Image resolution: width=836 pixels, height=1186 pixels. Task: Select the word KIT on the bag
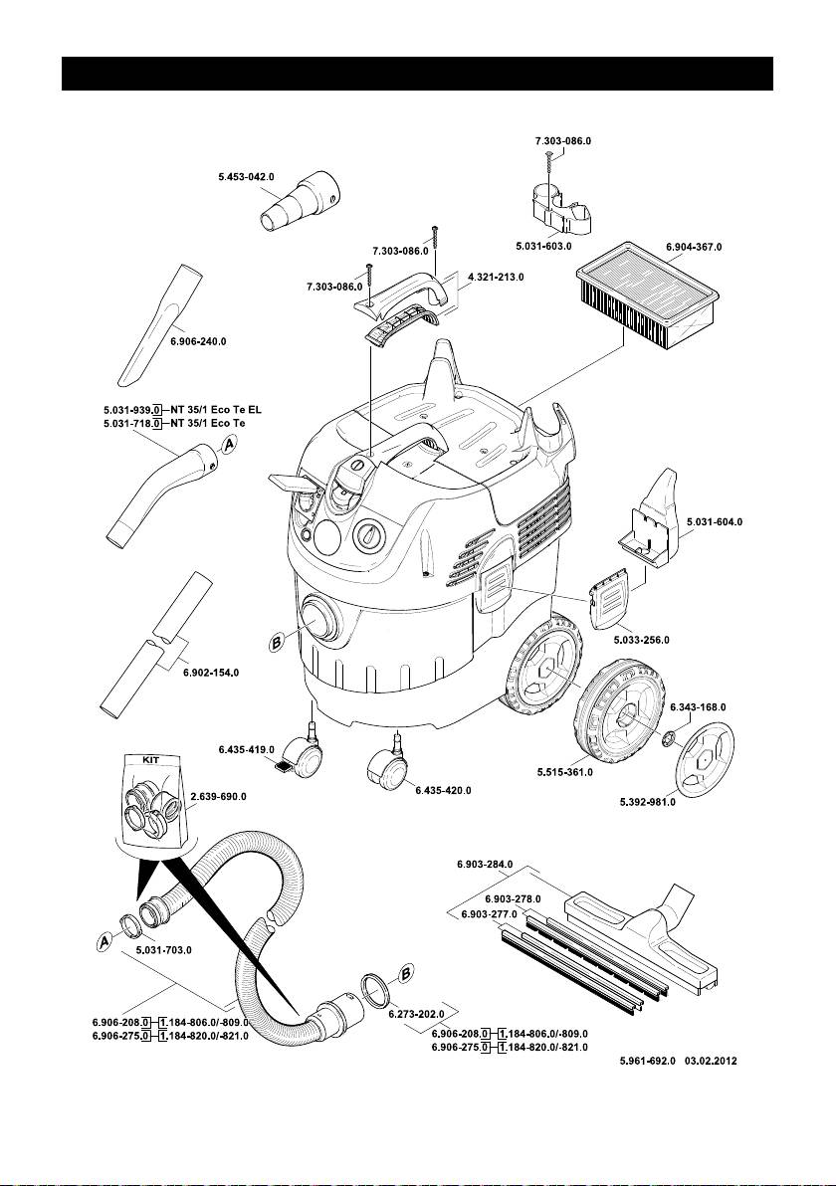(x=149, y=757)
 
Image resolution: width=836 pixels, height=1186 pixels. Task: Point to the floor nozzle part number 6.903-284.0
(x=485, y=865)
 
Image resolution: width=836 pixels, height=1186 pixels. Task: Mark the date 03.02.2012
(x=717, y=1062)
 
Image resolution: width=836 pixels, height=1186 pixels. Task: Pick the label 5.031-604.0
(x=715, y=521)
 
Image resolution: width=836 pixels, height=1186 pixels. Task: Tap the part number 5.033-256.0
(x=641, y=640)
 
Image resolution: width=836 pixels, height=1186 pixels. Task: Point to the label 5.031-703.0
(x=162, y=950)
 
